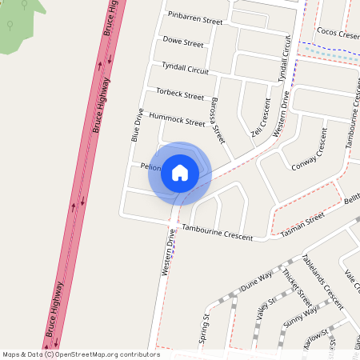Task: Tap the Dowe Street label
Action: click(182, 42)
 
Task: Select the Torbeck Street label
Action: click(180, 94)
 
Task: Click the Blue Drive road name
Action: click(138, 125)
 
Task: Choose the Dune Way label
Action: click(257, 284)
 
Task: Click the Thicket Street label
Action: click(297, 287)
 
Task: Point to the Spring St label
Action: click(205, 328)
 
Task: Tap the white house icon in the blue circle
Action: click(180, 172)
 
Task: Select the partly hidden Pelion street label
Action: click(151, 167)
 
